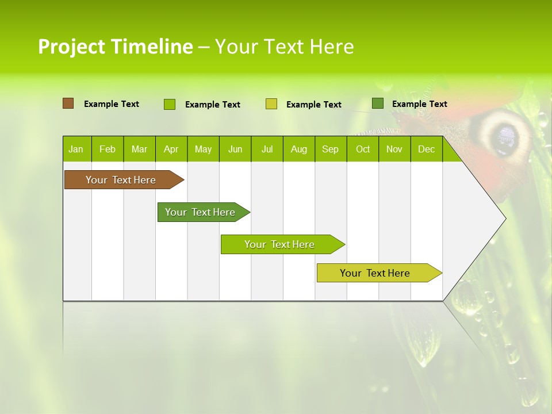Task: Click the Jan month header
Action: (x=76, y=149)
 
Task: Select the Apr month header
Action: (x=171, y=149)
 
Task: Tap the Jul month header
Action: (x=267, y=149)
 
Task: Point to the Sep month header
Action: (x=330, y=149)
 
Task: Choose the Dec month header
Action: (x=426, y=149)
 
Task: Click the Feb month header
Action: (x=108, y=149)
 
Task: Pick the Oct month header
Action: (x=363, y=149)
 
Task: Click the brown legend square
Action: (x=68, y=103)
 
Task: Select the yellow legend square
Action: (x=271, y=104)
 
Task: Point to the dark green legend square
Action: (x=378, y=103)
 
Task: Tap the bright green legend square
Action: (x=170, y=104)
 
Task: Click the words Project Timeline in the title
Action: (x=115, y=47)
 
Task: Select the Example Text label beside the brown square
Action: (x=112, y=104)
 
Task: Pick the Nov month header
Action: (x=394, y=149)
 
